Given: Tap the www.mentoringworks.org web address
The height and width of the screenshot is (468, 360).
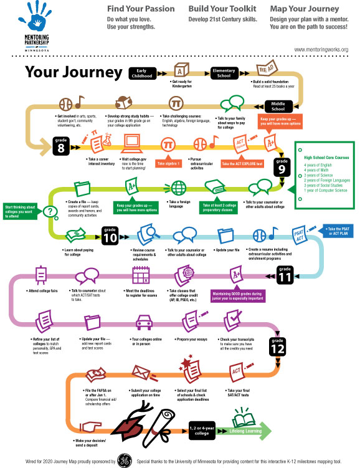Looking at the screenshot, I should pyautogui.click(x=321, y=49).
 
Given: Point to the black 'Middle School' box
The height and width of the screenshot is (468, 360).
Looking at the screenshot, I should pyautogui.click(x=278, y=105).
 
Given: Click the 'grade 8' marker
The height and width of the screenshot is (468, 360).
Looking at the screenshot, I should pyautogui.click(x=62, y=143).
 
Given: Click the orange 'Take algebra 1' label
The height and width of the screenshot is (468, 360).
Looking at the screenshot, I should pyautogui.click(x=168, y=164).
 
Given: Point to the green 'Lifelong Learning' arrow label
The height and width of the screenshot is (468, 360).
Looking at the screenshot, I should pyautogui.click(x=246, y=431).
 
